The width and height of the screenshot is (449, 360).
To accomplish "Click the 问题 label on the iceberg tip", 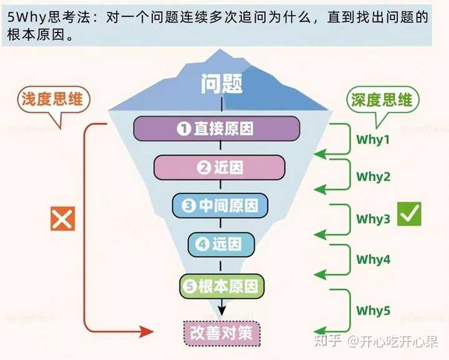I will [x=222, y=84].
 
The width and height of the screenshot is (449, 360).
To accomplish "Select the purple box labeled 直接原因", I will [x=216, y=129].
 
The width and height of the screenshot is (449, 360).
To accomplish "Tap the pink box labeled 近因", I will [x=220, y=167].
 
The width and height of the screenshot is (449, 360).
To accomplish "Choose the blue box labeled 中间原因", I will [x=220, y=206].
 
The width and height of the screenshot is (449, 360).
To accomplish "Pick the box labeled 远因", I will [x=221, y=245].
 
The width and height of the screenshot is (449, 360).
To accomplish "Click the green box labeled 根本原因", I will [x=221, y=286].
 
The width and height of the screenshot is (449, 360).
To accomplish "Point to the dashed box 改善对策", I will [x=221, y=332].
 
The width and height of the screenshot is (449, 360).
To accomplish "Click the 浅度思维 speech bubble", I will [x=52, y=100].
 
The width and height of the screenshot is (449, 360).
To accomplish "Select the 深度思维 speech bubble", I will [x=382, y=100].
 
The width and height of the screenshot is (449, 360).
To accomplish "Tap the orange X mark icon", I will [x=62, y=218].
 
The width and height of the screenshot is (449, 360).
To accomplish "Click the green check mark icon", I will [x=409, y=214].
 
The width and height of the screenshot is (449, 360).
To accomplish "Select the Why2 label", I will [x=373, y=177].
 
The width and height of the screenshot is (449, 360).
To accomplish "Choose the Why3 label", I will [x=373, y=219].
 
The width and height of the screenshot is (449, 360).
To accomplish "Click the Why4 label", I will [x=373, y=259].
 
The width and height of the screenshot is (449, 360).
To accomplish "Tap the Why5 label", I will [x=373, y=310].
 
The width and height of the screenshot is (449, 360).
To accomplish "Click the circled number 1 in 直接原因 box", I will [x=183, y=129].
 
